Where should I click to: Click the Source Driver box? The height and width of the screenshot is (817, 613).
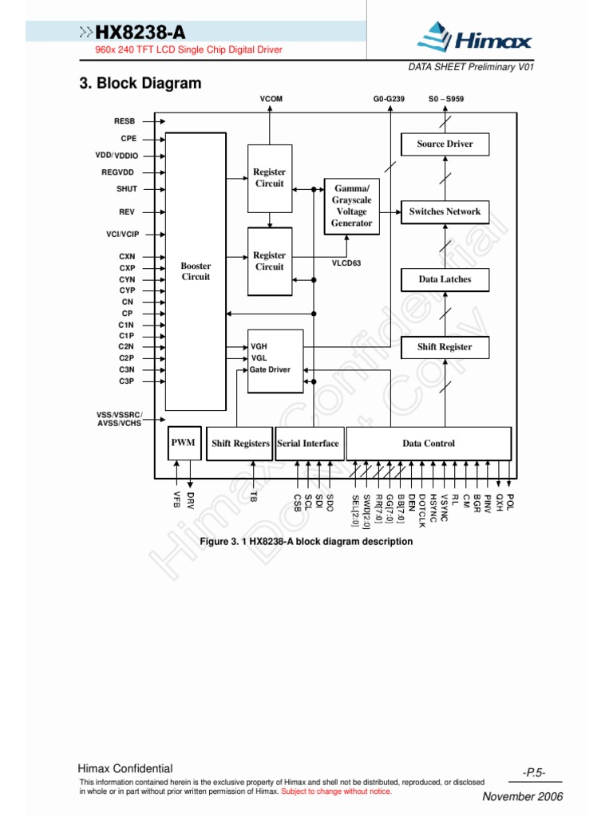(x=445, y=144)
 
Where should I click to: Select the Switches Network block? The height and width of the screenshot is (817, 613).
(x=445, y=212)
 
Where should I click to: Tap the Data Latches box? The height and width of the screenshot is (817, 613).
(x=445, y=280)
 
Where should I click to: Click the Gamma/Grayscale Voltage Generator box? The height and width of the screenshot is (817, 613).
(x=351, y=206)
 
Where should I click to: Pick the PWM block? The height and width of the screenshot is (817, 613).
(x=183, y=443)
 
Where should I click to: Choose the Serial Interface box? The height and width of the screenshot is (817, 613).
(x=308, y=444)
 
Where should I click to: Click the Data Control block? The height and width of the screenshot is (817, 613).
(x=429, y=444)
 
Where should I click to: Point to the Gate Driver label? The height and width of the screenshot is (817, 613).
(x=271, y=370)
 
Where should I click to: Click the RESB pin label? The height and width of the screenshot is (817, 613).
(x=126, y=121)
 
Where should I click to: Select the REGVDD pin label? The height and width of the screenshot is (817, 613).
(x=118, y=172)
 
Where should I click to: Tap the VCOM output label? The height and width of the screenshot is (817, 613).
(x=271, y=99)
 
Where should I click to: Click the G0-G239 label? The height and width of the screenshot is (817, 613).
(x=389, y=99)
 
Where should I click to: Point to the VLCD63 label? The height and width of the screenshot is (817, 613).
(x=346, y=262)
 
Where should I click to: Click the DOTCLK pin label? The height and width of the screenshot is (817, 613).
(x=422, y=511)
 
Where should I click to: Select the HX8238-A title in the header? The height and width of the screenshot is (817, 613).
(x=142, y=32)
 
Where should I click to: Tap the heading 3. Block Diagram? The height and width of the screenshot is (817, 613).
(x=140, y=83)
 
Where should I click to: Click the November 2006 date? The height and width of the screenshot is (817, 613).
(x=523, y=797)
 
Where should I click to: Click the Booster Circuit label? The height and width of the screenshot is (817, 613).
(x=196, y=271)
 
